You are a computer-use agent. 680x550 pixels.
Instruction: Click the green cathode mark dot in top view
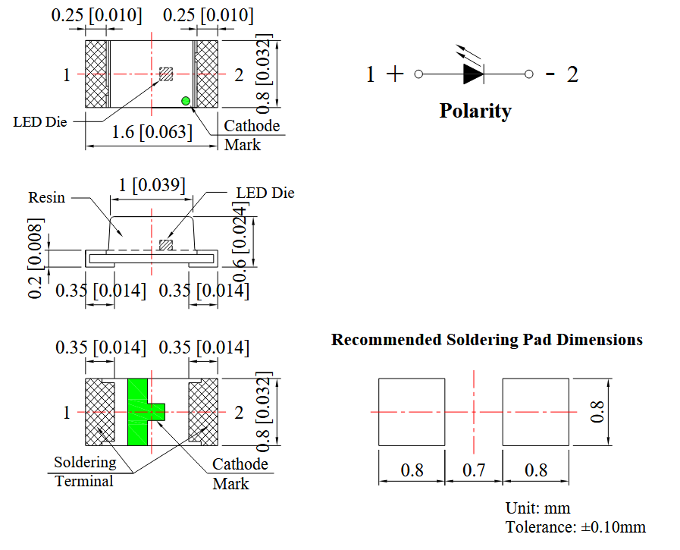[185, 101]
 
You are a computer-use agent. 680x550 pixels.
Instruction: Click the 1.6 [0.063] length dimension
[152, 132]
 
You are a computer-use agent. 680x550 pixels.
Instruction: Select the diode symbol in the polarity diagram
[472, 74]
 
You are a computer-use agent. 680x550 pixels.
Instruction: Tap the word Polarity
[475, 111]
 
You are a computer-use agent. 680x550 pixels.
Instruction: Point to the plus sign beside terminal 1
[394, 74]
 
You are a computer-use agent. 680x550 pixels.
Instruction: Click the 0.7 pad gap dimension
[474, 470]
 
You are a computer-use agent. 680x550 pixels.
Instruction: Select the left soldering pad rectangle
[412, 411]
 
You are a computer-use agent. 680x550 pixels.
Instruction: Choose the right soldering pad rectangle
[536, 411]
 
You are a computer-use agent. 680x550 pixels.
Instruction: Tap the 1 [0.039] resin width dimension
[152, 185]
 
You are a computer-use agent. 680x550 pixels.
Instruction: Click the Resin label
[47, 197]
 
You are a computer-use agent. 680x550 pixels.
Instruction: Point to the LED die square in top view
[166, 74]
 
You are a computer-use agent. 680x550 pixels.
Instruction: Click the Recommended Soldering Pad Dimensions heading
[487, 340]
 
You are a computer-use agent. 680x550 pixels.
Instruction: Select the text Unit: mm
[537, 508]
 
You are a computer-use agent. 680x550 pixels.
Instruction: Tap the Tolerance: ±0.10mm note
[575, 527]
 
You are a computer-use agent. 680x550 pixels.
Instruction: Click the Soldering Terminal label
[85, 471]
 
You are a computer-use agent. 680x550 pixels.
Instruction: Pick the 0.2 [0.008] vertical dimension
[36, 258]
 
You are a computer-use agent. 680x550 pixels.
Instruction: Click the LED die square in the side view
[166, 244]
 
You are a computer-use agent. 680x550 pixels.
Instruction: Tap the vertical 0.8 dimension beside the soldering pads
[598, 411]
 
